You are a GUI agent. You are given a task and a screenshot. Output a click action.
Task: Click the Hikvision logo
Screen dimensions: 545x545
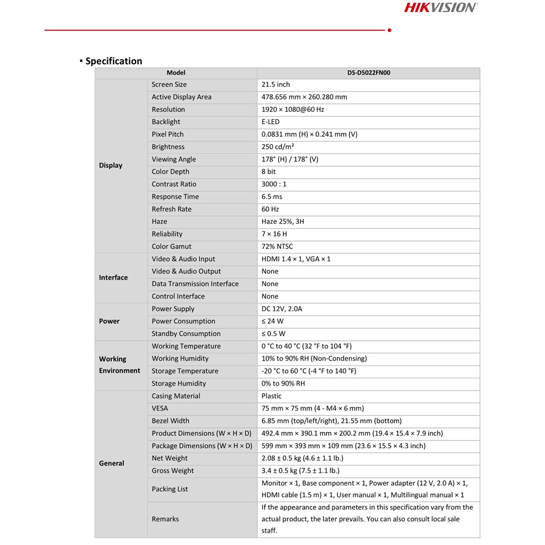point(440,8)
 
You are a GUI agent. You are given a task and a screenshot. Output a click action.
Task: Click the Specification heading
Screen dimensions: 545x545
point(114,61)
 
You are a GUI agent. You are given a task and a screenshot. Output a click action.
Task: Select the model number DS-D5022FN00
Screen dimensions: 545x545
point(369,73)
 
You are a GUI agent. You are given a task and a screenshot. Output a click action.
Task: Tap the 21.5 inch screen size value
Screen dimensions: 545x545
point(276,85)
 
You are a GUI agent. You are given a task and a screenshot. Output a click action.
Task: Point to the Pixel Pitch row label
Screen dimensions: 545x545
point(168,134)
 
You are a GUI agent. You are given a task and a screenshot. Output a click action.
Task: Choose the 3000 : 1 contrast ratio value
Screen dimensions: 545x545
point(274,185)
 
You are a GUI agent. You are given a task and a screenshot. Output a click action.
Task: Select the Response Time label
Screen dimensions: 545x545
point(175,197)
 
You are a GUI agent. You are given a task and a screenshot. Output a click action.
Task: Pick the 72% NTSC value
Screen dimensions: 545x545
point(277,247)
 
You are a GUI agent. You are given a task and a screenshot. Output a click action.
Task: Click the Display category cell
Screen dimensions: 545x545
point(111,166)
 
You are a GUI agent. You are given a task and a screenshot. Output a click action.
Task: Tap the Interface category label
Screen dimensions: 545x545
point(113,277)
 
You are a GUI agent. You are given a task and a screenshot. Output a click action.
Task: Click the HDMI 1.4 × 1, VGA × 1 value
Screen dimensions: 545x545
point(296,259)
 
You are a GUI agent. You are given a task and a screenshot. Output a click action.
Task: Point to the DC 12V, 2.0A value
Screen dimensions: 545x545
point(282,309)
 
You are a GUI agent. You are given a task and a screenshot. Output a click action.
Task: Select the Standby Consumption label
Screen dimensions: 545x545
point(186,334)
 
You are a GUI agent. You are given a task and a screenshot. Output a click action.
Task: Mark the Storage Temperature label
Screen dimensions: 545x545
point(185,371)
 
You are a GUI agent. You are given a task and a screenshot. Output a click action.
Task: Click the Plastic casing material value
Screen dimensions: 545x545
point(272,396)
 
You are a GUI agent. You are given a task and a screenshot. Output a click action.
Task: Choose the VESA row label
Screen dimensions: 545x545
point(161,408)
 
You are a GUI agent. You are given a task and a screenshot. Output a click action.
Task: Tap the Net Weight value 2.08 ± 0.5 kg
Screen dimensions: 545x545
point(302,458)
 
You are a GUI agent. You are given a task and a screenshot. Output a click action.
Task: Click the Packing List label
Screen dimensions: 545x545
point(170,489)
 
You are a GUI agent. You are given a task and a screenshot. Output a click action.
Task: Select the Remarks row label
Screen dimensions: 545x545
point(165,519)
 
